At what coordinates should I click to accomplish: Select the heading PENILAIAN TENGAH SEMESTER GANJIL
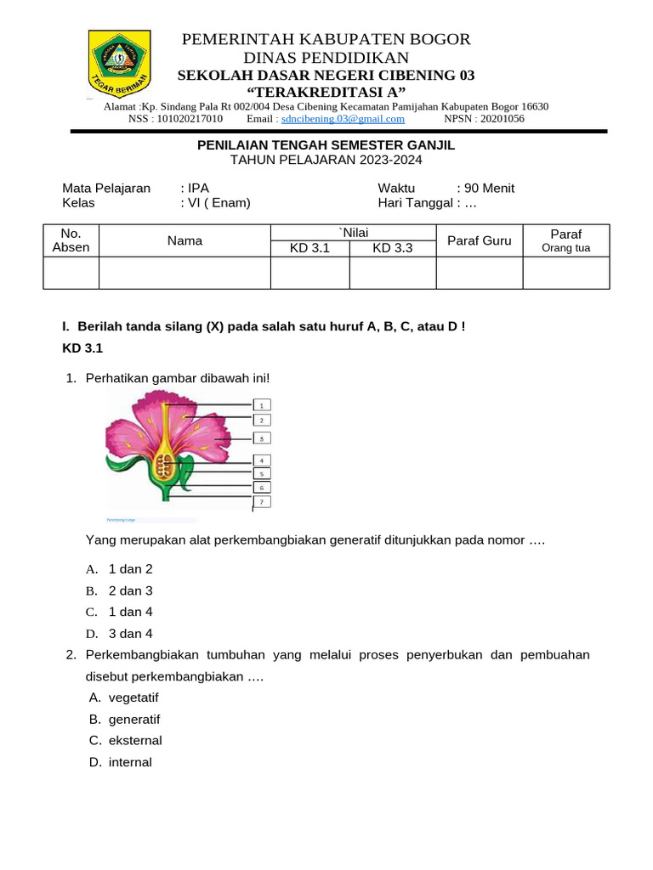point(326,145)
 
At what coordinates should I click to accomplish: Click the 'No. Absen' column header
point(71,240)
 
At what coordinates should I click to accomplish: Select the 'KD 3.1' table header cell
point(309,248)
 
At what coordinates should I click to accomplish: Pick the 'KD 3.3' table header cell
point(392,248)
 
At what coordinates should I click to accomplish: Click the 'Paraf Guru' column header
point(479,240)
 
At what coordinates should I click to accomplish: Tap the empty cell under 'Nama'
point(185,273)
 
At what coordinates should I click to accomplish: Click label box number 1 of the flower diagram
point(262,405)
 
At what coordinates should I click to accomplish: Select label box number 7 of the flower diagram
point(262,502)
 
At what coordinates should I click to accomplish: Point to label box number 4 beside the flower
point(262,460)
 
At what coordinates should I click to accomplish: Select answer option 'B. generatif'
point(134,719)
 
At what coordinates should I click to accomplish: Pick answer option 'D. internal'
point(130,762)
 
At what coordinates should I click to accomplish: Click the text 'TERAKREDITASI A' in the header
point(326,92)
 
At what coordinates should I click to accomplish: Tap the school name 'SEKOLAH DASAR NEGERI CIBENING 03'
point(326,76)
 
